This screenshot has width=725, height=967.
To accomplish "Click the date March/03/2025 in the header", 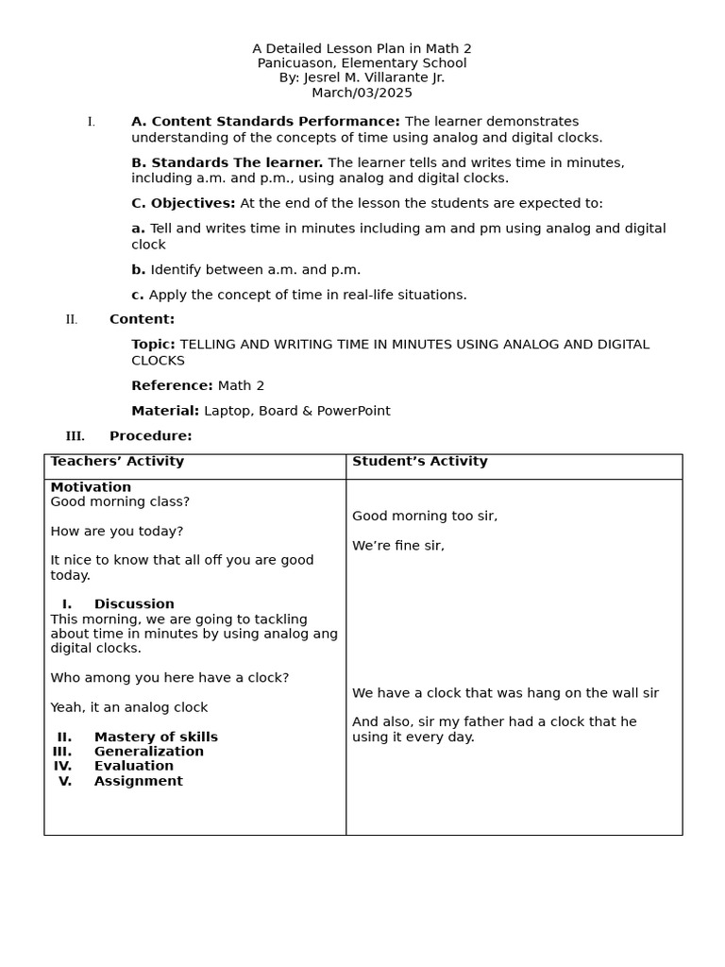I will [362, 93].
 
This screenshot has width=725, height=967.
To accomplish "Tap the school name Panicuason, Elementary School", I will [362, 63].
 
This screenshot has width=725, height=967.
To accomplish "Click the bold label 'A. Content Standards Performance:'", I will [265, 122].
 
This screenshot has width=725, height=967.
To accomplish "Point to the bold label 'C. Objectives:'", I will [183, 203].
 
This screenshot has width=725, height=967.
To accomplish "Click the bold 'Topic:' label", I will [153, 345].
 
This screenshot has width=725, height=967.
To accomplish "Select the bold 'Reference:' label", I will [172, 385].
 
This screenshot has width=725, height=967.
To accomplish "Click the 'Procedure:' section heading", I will [150, 436].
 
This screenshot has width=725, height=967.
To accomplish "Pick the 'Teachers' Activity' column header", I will [117, 462].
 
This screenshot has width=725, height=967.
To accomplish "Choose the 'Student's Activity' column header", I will [420, 462].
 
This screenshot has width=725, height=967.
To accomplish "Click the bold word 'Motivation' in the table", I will [91, 487].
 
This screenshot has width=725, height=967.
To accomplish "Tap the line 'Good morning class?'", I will [120, 502].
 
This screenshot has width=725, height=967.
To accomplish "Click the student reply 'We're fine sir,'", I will [398, 546].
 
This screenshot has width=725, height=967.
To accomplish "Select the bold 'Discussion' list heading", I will [134, 604].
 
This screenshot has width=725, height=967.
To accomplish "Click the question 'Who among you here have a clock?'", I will [170, 678].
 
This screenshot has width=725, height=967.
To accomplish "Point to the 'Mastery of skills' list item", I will [156, 738].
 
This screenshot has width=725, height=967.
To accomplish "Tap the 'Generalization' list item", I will [149, 752].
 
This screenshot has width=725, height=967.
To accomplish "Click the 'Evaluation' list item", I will [134, 766].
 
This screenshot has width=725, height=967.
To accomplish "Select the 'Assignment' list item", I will [139, 781].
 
